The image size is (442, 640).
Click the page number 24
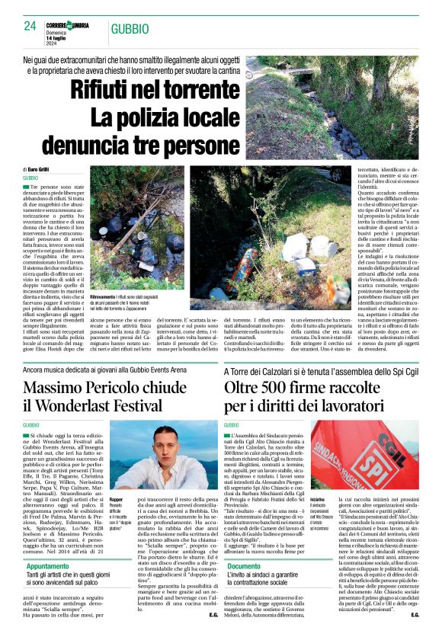click(x=30, y=26)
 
